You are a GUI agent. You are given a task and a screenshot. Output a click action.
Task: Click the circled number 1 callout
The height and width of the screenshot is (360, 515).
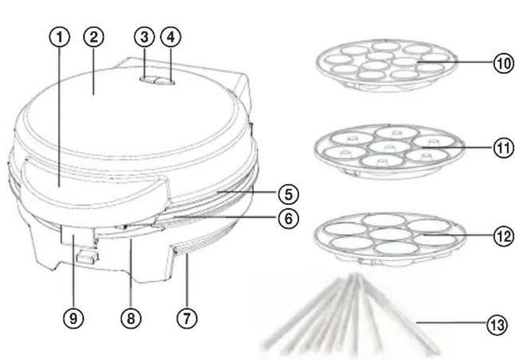click(x=59, y=37)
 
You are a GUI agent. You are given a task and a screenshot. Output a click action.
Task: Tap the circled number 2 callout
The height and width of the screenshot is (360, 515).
click(x=94, y=37)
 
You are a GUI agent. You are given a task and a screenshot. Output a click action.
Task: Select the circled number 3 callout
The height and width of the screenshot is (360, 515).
click(x=144, y=37)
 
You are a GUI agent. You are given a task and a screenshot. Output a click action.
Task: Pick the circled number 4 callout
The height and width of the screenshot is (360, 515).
click(x=171, y=37)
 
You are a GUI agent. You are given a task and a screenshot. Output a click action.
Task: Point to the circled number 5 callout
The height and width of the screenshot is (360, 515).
click(x=288, y=194)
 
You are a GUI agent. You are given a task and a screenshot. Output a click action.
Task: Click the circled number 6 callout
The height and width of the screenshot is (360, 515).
click(x=288, y=218)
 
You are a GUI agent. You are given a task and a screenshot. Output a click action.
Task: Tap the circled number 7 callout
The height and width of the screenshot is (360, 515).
click(x=187, y=318)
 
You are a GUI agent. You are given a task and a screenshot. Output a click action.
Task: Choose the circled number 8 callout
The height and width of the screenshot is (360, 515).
click(x=131, y=318)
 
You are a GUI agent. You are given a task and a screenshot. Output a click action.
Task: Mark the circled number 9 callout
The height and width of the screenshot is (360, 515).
click(x=73, y=318)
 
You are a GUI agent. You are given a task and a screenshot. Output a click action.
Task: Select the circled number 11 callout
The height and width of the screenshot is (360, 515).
click(x=504, y=148)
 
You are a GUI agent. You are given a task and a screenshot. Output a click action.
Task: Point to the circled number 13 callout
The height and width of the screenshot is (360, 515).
click(x=497, y=325)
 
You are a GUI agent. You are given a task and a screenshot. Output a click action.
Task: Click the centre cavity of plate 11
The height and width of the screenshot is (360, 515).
click(x=389, y=146)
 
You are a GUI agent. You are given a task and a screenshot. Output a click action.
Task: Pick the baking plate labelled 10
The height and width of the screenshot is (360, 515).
click(x=386, y=65)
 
